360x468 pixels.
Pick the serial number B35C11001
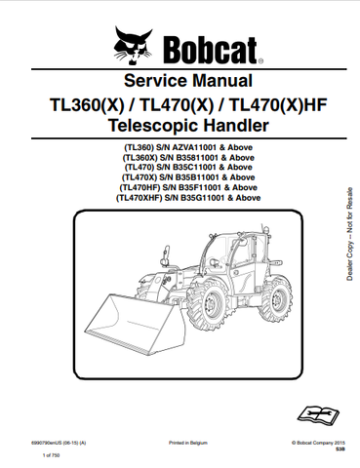point(192,167)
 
